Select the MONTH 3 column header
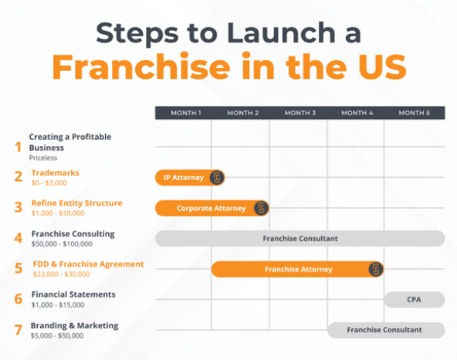[x=300, y=113]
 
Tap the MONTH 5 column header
[x=415, y=113]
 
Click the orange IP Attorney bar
[x=183, y=178]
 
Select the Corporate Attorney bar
[x=211, y=208]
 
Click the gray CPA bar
[x=414, y=300]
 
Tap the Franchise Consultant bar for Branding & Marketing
[x=384, y=330]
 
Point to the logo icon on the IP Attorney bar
[x=217, y=178]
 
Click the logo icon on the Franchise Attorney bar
[x=375, y=269]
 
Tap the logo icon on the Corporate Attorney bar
[x=262, y=208]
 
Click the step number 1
[x=18, y=146]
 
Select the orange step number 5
[x=19, y=269]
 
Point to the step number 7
[x=19, y=330]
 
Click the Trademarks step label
[x=55, y=173]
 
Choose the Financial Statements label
[x=73, y=294]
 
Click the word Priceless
[x=43, y=157]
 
